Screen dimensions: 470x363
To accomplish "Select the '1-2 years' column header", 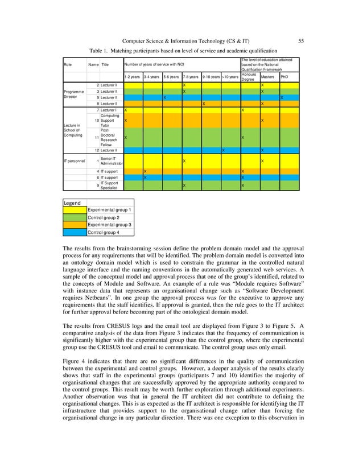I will click(133, 76).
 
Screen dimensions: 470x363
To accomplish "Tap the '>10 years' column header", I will click(230, 76).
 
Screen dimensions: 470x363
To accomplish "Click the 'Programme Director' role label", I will click(75, 94).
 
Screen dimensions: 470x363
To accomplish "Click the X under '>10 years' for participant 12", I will click(222, 150).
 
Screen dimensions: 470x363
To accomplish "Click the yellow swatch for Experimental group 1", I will click(75, 210).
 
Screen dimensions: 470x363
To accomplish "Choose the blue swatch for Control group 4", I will click(75, 232).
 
